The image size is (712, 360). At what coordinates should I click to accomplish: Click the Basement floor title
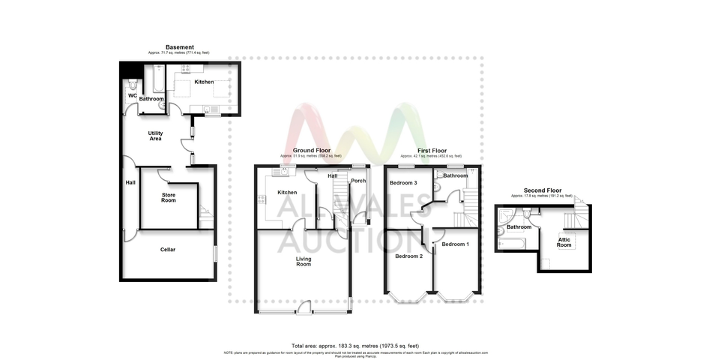[180, 47]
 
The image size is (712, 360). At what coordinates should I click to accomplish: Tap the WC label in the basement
[132, 96]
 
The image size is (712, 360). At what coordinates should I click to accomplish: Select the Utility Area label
[155, 136]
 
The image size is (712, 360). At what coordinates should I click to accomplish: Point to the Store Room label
[169, 197]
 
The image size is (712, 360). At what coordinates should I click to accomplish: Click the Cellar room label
[168, 250]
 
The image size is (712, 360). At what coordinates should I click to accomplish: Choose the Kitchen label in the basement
[204, 82]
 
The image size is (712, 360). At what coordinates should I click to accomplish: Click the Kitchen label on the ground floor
[287, 193]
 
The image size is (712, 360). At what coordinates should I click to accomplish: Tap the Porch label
[358, 180]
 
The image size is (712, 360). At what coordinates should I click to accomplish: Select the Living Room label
[303, 262]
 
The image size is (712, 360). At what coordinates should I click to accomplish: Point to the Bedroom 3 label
[403, 182]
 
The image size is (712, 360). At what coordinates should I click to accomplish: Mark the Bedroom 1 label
[455, 244]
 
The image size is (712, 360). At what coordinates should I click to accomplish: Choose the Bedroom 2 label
[409, 256]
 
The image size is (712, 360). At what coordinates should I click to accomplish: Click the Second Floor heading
[543, 190]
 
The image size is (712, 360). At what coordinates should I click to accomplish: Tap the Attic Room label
[564, 242]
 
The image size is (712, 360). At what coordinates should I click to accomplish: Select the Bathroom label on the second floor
[519, 226]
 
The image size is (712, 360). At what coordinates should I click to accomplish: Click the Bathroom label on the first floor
[454, 175]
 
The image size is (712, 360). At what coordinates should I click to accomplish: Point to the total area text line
[355, 346]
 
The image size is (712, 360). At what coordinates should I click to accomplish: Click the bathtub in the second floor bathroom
[510, 243]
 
